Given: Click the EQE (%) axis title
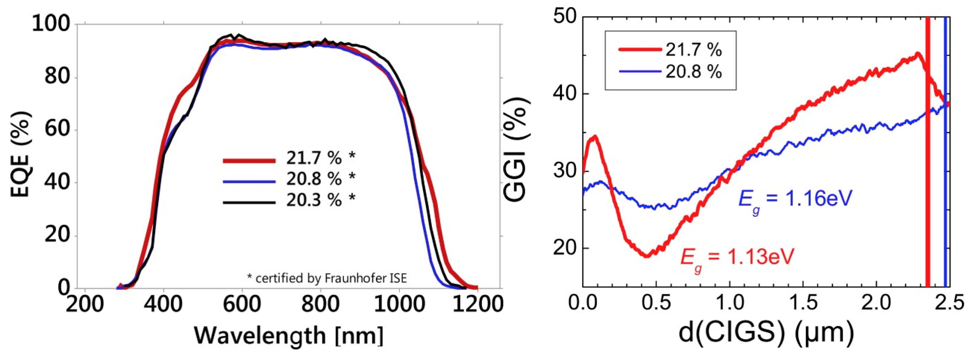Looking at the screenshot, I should [21, 154].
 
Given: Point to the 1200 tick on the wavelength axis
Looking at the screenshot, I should [477, 304].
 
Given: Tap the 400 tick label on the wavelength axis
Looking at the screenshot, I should [163, 304].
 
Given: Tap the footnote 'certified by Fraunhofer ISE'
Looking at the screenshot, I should [327, 278].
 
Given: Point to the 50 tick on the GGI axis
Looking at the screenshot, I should [565, 17].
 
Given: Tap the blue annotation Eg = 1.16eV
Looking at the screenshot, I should [794, 199].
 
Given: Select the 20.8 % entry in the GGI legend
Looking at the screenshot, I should [693, 71].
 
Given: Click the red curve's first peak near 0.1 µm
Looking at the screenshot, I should [595, 136].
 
